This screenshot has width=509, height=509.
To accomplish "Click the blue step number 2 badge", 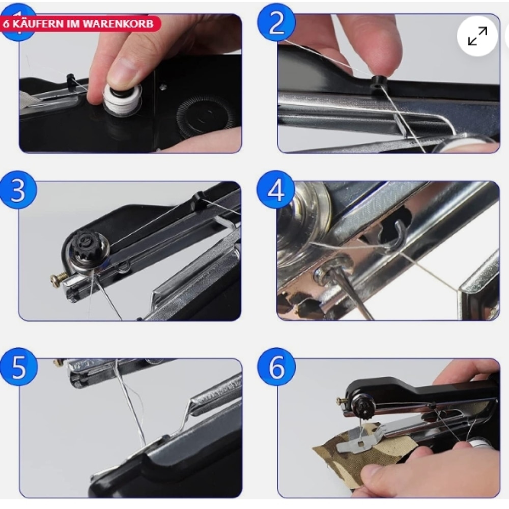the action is click(276, 23).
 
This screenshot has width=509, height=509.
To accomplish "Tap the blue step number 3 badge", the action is click(18, 190).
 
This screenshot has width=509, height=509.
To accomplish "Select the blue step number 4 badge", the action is click(275, 189).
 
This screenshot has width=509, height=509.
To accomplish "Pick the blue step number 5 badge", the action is click(19, 366).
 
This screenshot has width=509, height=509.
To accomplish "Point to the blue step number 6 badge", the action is click(276, 366).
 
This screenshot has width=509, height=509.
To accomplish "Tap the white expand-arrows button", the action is click(477, 36).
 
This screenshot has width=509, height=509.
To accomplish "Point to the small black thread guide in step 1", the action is click(71, 78).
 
